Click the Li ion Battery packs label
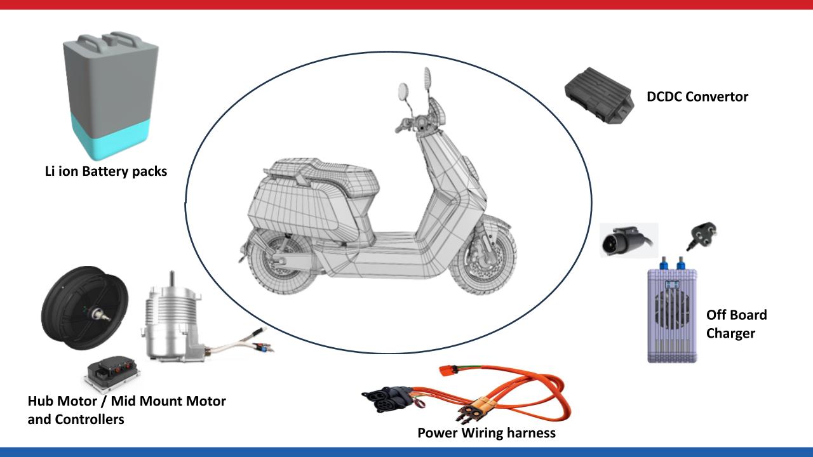point(106,171)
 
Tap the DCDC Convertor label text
point(697,97)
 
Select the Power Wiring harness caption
point(487,433)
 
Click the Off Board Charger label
point(736,324)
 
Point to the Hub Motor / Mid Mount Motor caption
point(126,401)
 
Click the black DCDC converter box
point(599,95)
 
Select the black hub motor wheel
point(84,308)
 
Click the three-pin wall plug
point(702,235)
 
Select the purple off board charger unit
point(672,311)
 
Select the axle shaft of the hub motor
point(101,315)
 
